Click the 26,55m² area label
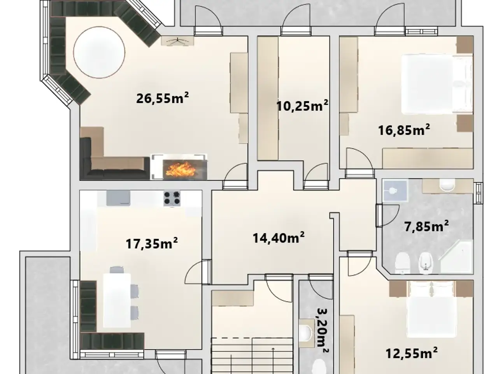pos(163,98)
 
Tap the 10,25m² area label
pos(302,105)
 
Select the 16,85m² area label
pos(404,130)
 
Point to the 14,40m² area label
pos(279,238)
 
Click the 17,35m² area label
pos(152,243)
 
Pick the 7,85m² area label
pos(426,226)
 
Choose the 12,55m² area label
pos(412,359)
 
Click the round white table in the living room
pos(99,53)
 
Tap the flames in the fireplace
pos(181,169)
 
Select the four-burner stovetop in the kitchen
pos(172,198)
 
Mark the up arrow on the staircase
pos(273,363)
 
